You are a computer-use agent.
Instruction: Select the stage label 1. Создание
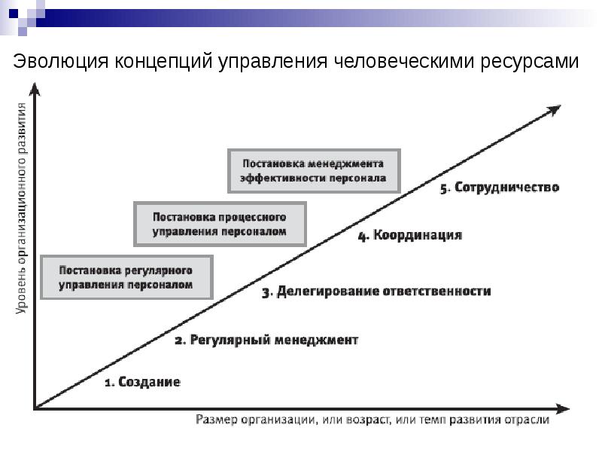click(x=141, y=382)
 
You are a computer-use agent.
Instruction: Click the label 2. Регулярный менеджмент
click(x=266, y=341)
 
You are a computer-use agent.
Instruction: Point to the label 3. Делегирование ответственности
click(x=376, y=292)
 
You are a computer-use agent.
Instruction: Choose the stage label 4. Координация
click(x=409, y=236)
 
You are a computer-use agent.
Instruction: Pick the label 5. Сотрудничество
click(x=500, y=188)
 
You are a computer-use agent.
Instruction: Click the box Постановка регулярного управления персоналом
click(x=126, y=277)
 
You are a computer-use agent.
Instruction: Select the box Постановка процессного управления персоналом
click(x=220, y=224)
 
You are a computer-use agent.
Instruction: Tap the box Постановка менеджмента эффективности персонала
click(x=313, y=171)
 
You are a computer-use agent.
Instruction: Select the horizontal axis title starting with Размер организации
click(x=372, y=420)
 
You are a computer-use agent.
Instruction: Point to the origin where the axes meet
click(x=35, y=409)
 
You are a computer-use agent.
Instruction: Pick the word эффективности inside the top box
click(x=284, y=179)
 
